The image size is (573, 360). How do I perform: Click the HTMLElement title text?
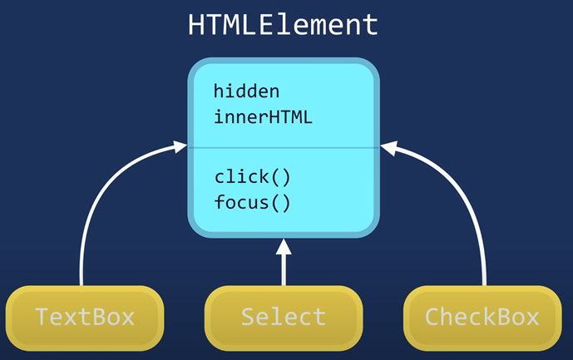click(283, 24)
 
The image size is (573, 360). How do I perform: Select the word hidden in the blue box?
click(247, 91)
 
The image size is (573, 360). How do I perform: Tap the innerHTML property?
click(263, 117)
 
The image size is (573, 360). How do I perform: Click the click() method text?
click(252, 177)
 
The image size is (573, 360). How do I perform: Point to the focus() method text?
click(252, 202)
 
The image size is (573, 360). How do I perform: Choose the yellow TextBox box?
click(85, 318)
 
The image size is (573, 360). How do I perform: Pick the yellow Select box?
click(284, 318)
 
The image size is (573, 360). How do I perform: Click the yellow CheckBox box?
click(482, 318)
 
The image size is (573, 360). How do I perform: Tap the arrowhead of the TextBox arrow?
click(180, 146)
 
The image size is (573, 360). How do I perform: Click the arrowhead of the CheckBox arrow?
click(389, 147)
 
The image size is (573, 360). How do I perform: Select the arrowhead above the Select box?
click(284, 247)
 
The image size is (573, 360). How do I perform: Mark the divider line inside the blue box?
click(284, 148)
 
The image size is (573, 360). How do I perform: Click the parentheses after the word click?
click(281, 177)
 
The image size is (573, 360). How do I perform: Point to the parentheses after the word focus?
click(281, 203)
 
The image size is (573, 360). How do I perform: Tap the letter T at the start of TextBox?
click(42, 317)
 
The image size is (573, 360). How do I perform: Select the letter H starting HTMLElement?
click(195, 25)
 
